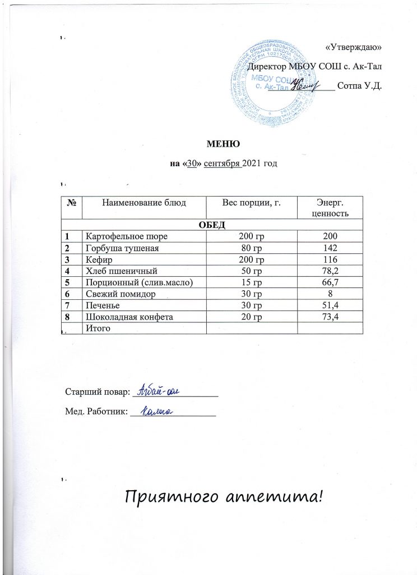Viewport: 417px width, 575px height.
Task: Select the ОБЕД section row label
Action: pos(210,225)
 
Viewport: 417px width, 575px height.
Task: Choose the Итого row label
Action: pos(95,327)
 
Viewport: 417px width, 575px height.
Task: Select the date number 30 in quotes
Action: pos(190,164)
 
